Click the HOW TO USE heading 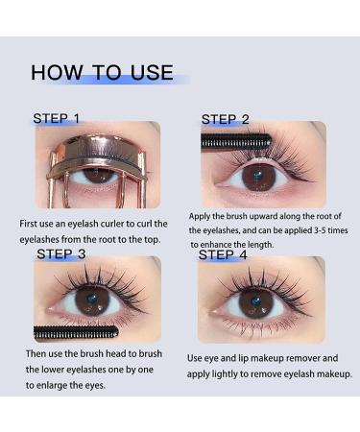[102, 73]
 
